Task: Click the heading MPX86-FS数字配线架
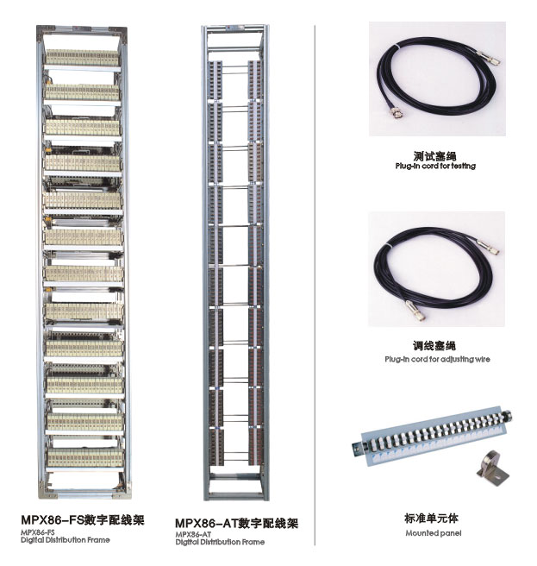(83, 519)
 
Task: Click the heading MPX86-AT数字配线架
(236, 523)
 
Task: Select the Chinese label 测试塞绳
(435, 156)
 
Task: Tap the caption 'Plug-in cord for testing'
(435, 166)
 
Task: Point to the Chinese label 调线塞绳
(434, 346)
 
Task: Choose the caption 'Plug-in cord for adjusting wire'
(437, 359)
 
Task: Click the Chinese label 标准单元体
(431, 519)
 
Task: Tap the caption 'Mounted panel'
(434, 533)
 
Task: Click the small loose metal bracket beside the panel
(493, 469)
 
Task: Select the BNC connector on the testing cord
(396, 113)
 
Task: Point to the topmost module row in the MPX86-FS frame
(82, 58)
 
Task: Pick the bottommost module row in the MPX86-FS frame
(85, 457)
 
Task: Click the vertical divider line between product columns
(315, 286)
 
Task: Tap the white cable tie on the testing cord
(396, 47)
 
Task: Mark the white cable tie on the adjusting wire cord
(387, 245)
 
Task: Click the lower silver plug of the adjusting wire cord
(415, 311)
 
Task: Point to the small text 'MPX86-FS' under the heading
(38, 532)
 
